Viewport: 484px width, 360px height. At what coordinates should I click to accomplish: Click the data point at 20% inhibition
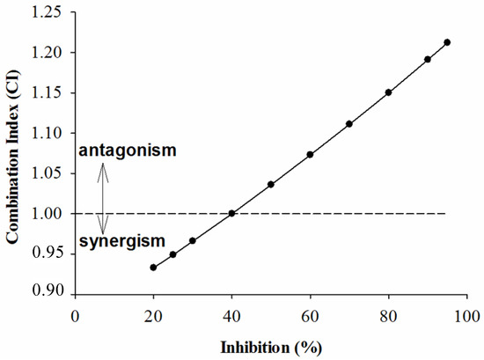pyautogui.click(x=153, y=267)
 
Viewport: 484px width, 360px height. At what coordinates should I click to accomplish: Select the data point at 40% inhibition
pyautogui.click(x=231, y=213)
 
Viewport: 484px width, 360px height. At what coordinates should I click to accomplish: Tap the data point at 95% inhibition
pyautogui.click(x=447, y=42)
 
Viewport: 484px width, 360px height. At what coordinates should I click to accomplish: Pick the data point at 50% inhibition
pyautogui.click(x=270, y=184)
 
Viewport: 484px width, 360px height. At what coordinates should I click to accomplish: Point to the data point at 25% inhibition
pyautogui.click(x=172, y=254)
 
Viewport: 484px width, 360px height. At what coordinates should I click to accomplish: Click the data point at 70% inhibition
pyautogui.click(x=349, y=124)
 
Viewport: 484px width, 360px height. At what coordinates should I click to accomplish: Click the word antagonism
pyautogui.click(x=128, y=151)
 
